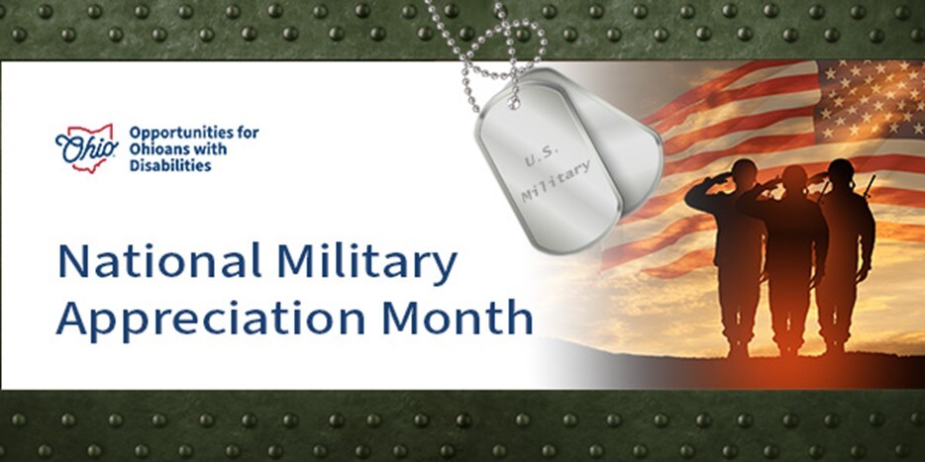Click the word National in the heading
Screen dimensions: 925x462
158,260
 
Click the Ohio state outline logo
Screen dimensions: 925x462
87,148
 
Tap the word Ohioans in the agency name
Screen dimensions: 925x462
156,148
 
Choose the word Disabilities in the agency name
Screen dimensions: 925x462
170,165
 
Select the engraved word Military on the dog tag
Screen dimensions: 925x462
556,181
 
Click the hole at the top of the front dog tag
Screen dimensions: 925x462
516,103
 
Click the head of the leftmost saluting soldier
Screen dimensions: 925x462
744,171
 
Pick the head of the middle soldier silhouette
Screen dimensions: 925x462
794,178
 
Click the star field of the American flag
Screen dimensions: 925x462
871,99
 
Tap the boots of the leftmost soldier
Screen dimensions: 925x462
740,349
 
